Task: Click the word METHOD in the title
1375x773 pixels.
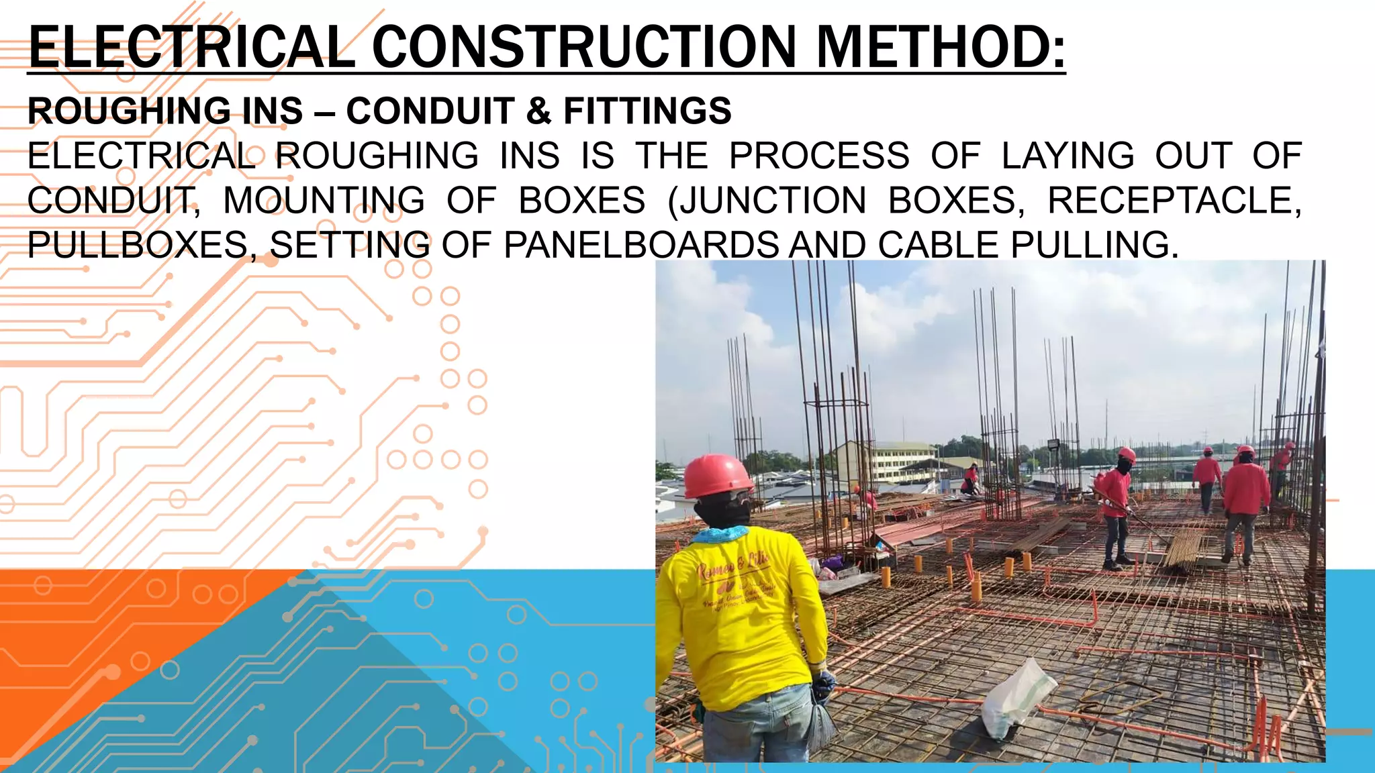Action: point(940,47)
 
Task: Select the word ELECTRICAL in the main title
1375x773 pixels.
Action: point(192,47)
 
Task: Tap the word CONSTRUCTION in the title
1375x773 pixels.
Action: point(584,47)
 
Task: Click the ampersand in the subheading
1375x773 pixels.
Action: point(538,111)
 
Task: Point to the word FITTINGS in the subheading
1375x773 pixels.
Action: point(647,111)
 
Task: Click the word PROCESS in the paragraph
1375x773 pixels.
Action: point(819,156)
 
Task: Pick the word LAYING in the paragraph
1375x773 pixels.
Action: point(1068,156)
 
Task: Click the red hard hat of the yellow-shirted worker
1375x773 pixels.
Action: point(717,475)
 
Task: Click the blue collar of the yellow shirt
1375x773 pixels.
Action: point(722,534)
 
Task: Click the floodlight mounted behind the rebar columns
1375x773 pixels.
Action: point(1053,444)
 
